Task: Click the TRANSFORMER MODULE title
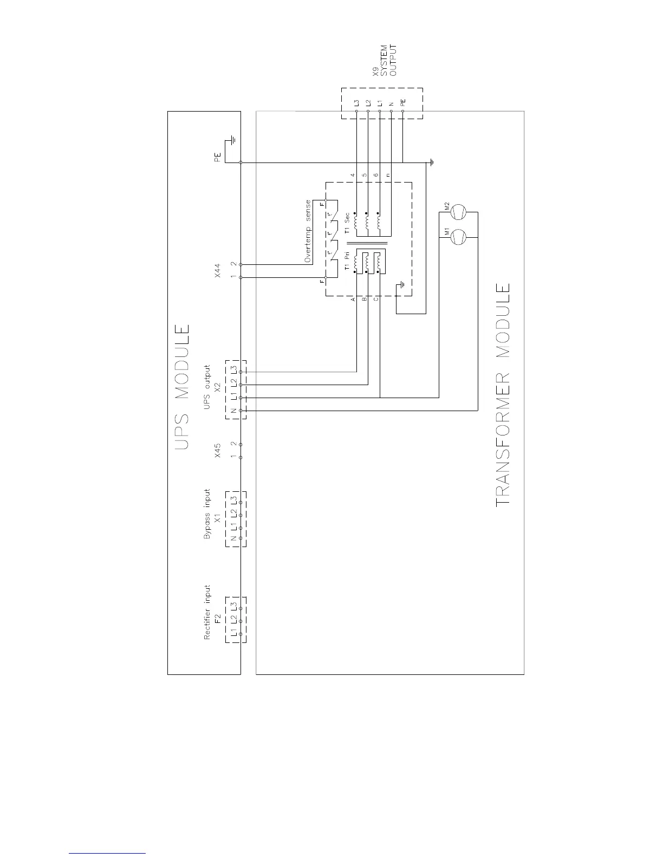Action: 503,395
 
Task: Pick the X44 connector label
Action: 218,271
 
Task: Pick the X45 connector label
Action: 218,451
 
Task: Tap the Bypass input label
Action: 207,515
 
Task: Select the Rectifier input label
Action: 207,612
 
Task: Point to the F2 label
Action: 217,619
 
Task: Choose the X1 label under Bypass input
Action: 217,519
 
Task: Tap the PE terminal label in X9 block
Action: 402,102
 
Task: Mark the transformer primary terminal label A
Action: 353,299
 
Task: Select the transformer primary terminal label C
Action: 376,299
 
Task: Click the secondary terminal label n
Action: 388,175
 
